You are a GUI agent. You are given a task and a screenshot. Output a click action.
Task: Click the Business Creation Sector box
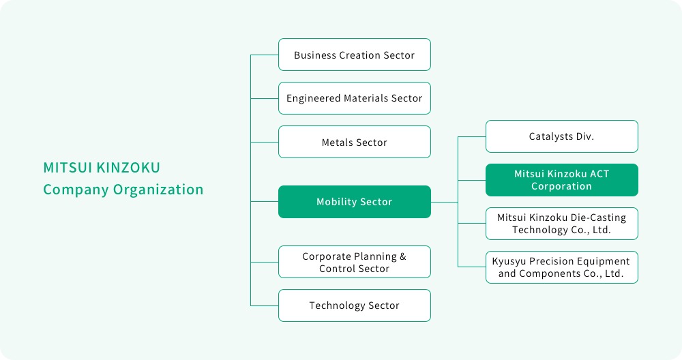pos(355,55)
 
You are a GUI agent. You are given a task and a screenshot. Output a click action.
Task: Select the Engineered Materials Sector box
pos(355,98)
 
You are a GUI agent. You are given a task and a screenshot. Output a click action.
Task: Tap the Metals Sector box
pos(355,142)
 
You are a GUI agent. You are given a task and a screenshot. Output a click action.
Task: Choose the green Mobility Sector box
pos(355,202)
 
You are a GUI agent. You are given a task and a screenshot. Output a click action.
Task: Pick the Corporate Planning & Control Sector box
pos(355,262)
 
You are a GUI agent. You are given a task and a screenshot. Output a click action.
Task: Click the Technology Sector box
pos(355,305)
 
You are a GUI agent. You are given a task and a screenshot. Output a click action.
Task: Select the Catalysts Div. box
pos(562,136)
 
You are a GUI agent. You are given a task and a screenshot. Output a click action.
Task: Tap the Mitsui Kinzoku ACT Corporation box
pos(562,180)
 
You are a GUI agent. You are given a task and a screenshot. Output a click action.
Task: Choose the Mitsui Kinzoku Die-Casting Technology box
pos(562,224)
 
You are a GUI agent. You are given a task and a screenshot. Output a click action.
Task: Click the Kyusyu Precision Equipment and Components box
pos(562,267)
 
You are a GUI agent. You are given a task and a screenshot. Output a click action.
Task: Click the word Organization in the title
pos(158,190)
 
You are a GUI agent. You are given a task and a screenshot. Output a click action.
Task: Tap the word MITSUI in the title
pos(68,168)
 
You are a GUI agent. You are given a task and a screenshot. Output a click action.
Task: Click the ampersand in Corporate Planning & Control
pos(403,256)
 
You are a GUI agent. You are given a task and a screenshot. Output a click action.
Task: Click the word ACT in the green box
pos(599,174)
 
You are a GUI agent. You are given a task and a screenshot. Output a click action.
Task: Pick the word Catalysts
pos(551,136)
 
